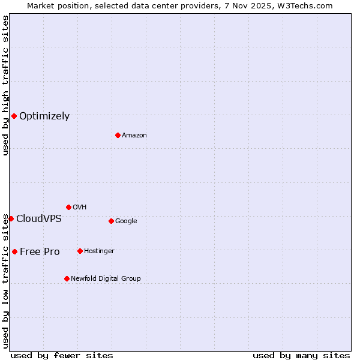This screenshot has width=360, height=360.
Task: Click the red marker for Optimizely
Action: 14,116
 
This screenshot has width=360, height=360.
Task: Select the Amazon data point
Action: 118,135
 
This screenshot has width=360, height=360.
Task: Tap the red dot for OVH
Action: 68,207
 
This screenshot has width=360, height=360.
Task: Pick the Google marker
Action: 111,221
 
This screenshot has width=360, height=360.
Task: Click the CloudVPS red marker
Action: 11,218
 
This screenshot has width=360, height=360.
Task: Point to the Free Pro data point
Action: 14,251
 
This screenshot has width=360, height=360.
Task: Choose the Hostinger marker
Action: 80,251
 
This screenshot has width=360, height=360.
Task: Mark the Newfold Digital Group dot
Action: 67,278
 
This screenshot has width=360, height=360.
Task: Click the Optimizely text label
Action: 44,116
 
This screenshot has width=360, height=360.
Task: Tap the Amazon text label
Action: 134,136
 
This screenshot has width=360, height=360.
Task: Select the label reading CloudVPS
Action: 38,219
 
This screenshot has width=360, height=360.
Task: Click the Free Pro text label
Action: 40,252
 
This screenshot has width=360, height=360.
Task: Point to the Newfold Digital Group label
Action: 106,279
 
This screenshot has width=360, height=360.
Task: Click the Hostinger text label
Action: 99,251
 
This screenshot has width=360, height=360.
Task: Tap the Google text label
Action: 126,221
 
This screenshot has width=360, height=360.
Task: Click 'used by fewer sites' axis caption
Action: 62,355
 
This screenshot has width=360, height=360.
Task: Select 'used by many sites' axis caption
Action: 301,355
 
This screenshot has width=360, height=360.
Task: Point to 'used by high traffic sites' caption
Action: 5,85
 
